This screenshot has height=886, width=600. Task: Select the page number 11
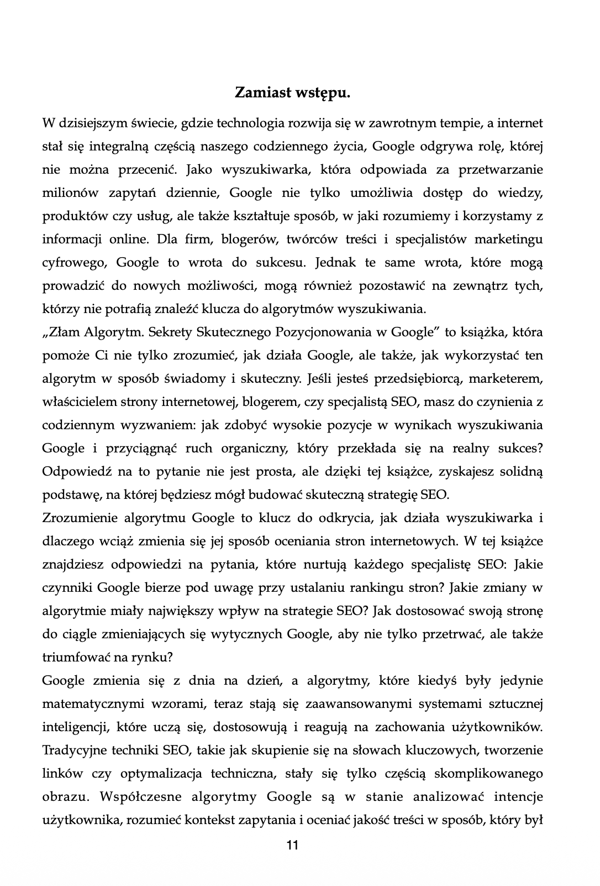pos(293,845)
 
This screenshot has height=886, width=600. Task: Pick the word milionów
pos(70,192)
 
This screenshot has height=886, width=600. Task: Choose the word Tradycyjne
pos(77,751)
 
